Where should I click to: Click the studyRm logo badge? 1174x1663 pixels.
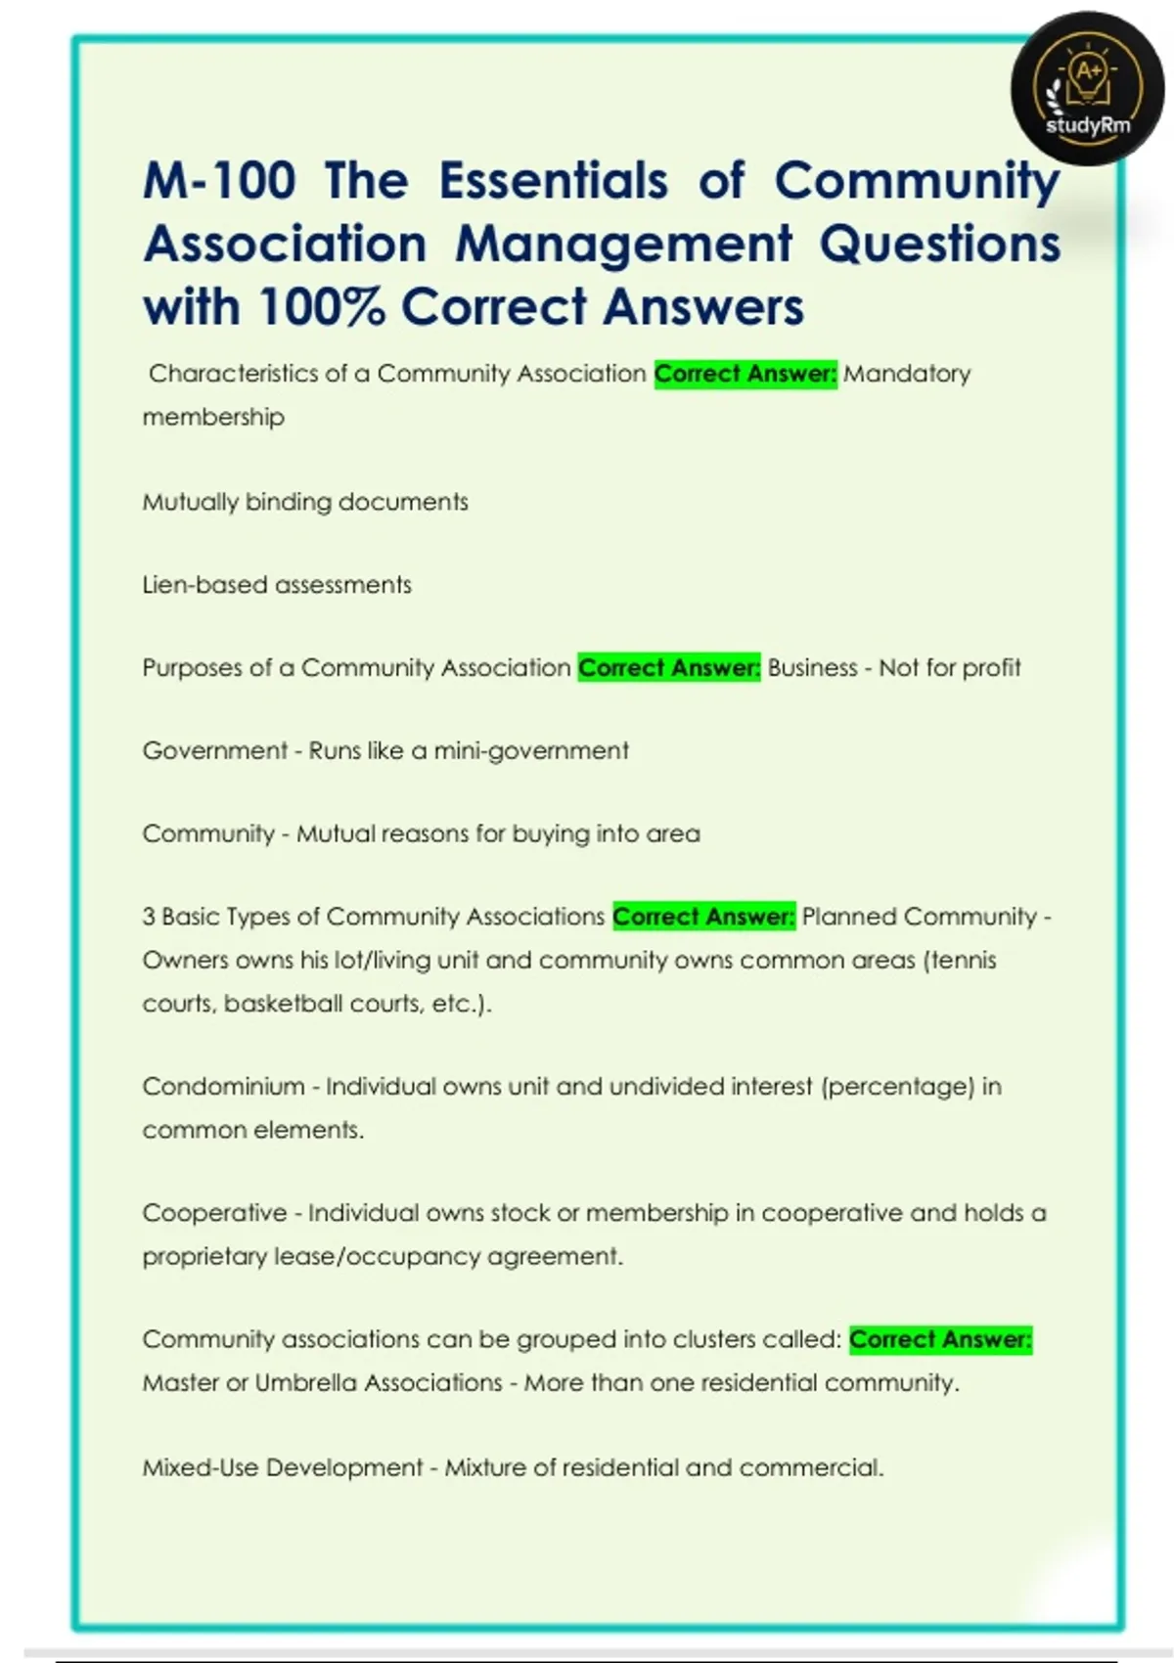point(1087,89)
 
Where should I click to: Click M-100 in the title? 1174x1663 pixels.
point(220,181)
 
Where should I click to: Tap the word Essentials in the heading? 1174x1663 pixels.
point(553,181)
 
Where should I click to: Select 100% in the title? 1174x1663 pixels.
point(321,307)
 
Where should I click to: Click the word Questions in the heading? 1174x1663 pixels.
point(939,244)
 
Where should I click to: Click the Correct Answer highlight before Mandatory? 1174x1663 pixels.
point(745,374)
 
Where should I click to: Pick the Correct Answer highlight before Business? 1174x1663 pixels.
point(668,668)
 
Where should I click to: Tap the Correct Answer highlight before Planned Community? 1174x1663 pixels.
point(703,917)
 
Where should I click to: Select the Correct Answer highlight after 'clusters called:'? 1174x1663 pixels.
point(939,1339)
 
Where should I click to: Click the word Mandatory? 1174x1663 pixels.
point(907,374)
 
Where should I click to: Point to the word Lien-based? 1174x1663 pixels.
point(205,585)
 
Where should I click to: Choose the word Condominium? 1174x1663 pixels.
point(223,1087)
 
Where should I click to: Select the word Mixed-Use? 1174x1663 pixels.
point(201,1467)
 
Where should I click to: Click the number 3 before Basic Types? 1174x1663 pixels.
point(149,917)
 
